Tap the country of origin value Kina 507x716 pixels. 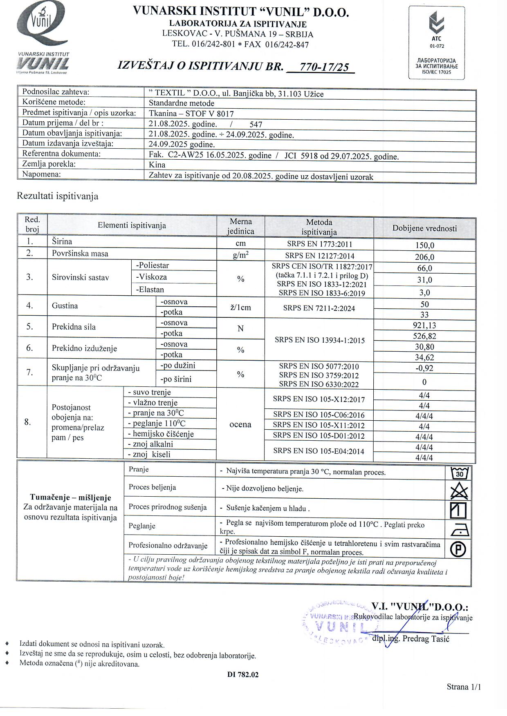[x=157, y=165]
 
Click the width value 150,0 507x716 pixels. [x=424, y=245]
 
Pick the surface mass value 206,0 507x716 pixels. [x=424, y=257]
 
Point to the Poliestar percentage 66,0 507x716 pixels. [x=424, y=268]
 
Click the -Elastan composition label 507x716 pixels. [x=150, y=290]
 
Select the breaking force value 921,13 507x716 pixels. [x=424, y=326]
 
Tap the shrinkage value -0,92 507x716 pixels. [x=424, y=368]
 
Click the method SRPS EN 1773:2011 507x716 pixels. [x=319, y=244]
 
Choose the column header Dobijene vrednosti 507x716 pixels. [x=424, y=228]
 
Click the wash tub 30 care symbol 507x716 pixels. [x=459, y=473]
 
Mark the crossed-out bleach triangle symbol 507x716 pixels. [x=459, y=491]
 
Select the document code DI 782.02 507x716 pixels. [x=243, y=675]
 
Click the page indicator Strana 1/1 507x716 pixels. [x=464, y=687]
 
